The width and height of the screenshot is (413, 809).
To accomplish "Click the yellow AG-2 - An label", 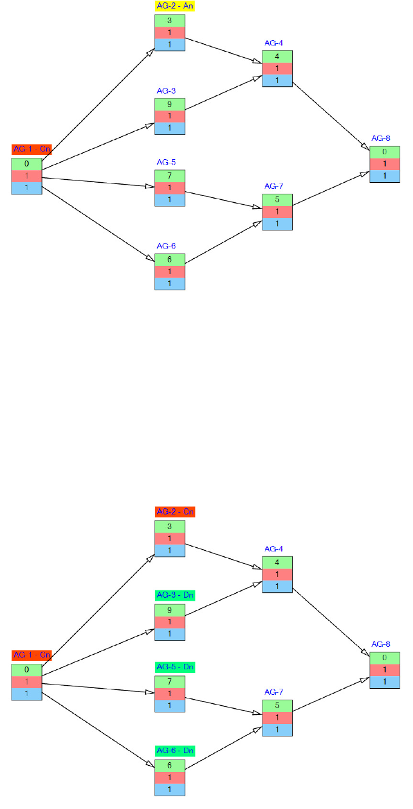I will point(175,6).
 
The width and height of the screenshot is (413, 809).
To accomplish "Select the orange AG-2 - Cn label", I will point(175,512).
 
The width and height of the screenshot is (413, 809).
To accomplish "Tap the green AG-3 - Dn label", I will point(175,595).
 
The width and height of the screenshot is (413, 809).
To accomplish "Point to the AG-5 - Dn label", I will point(175,667).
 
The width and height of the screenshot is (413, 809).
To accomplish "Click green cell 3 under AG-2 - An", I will point(169,21).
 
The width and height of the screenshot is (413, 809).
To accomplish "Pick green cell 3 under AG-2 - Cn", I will point(169,527).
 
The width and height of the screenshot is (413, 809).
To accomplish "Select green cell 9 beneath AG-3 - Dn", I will point(169,610).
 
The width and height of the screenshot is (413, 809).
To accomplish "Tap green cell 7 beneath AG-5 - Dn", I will point(169,681).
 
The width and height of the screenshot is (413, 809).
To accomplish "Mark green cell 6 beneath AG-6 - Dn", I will point(169,765).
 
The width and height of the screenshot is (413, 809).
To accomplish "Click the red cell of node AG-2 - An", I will point(169,33).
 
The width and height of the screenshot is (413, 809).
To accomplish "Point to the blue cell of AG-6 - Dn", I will point(169,790).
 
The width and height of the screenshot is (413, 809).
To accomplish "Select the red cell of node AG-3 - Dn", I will point(169,622).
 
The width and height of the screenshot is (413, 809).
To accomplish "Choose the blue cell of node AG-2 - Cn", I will point(169,551).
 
